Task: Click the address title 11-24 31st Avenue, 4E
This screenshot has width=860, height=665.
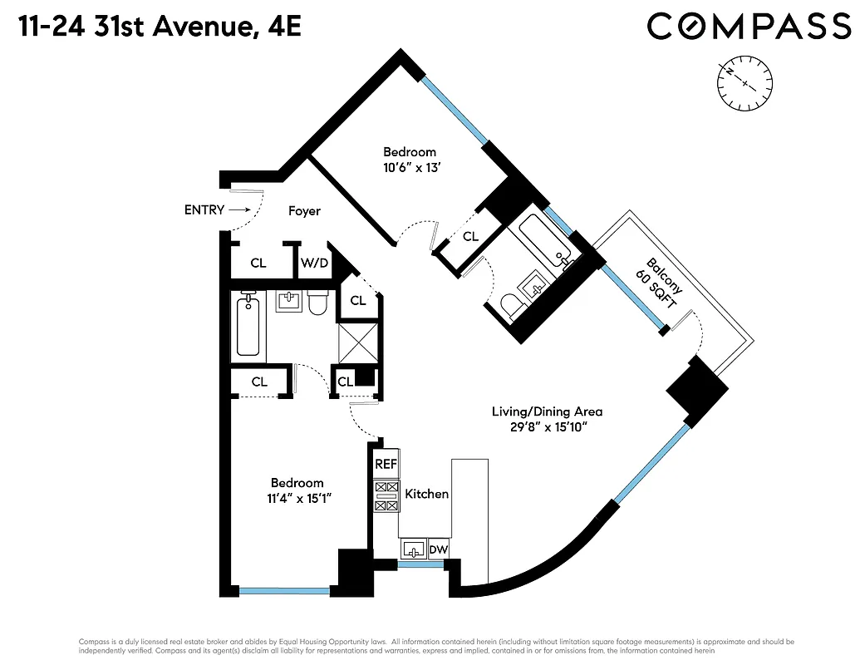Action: (x=157, y=27)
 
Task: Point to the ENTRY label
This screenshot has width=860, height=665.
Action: (x=204, y=210)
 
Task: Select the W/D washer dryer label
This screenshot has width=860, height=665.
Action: (x=314, y=263)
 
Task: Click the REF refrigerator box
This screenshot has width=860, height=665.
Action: (x=386, y=465)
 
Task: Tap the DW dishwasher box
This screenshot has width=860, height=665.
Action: (x=437, y=549)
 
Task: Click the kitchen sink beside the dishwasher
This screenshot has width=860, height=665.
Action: (x=413, y=549)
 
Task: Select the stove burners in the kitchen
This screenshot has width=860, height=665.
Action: (x=386, y=496)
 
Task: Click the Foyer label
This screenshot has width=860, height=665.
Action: (x=304, y=211)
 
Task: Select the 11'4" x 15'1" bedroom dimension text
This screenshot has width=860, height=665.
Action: (x=297, y=500)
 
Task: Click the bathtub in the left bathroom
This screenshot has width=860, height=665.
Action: (x=248, y=327)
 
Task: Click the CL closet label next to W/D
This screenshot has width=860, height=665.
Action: (x=258, y=263)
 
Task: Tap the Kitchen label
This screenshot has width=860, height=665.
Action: (x=426, y=494)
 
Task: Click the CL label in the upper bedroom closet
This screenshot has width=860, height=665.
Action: (x=471, y=237)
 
